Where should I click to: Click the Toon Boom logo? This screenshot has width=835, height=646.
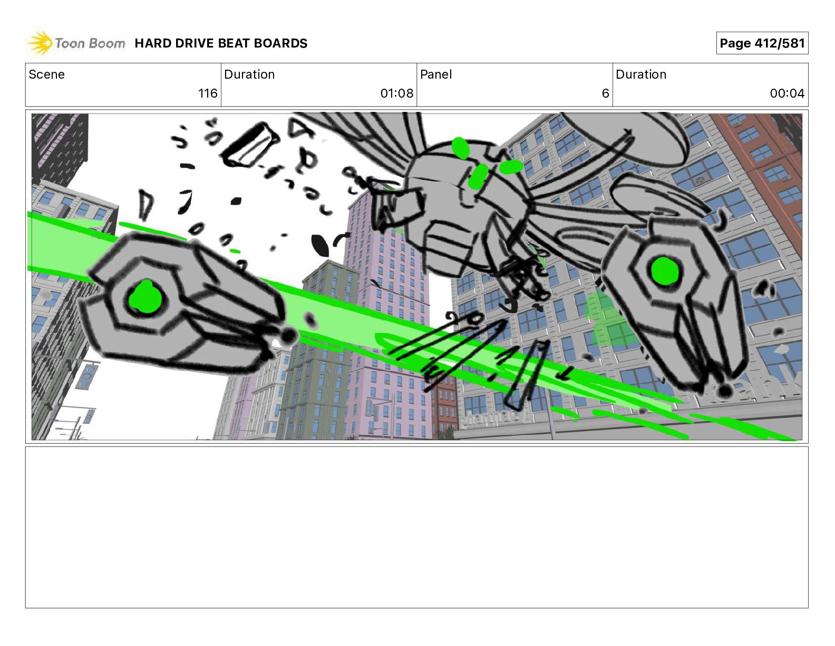click(x=76, y=43)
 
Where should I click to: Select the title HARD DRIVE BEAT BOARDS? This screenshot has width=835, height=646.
click(x=221, y=43)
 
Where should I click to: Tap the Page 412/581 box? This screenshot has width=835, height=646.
click(x=762, y=43)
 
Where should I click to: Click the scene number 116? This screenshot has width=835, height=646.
click(x=208, y=93)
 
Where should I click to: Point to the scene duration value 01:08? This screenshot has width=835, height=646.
click(x=397, y=93)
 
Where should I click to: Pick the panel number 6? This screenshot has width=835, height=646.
click(x=605, y=93)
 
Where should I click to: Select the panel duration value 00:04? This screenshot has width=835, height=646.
click(x=787, y=93)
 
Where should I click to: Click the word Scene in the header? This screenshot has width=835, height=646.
click(x=46, y=74)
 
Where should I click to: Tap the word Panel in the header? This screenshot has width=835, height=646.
click(x=436, y=74)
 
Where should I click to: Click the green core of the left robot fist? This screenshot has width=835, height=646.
click(x=146, y=298)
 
